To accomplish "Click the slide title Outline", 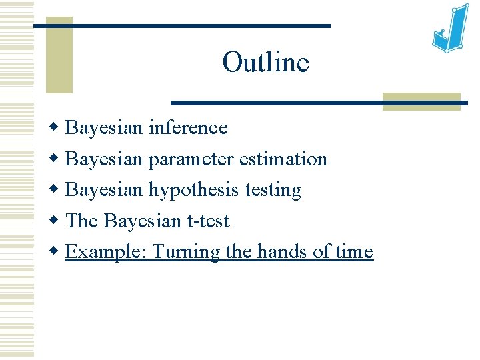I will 265,63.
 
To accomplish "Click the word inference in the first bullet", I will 187,127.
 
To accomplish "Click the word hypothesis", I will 194,191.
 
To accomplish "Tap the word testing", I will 273,191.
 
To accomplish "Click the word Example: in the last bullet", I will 107,252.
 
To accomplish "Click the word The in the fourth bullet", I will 82,221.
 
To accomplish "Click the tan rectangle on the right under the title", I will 421,101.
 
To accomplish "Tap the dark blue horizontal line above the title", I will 181,25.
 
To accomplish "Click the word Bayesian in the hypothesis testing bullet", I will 105,191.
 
